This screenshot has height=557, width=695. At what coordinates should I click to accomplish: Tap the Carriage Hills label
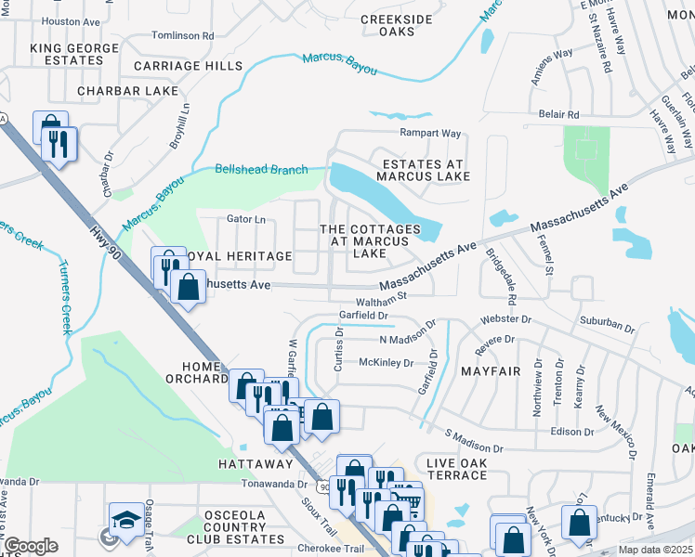pyautogui.click(x=187, y=66)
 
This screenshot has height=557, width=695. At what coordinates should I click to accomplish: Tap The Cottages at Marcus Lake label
pyautogui.click(x=370, y=241)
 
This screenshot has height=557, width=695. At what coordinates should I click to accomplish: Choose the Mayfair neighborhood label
pyautogui.click(x=490, y=371)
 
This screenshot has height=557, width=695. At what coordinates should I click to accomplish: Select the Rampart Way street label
pyautogui.click(x=430, y=133)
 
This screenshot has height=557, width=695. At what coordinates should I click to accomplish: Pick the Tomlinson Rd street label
pyautogui.click(x=182, y=35)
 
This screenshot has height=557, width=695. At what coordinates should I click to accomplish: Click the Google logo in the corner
pyautogui.click(x=31, y=546)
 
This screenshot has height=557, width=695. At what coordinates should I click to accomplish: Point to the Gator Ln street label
pyautogui.click(x=246, y=219)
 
